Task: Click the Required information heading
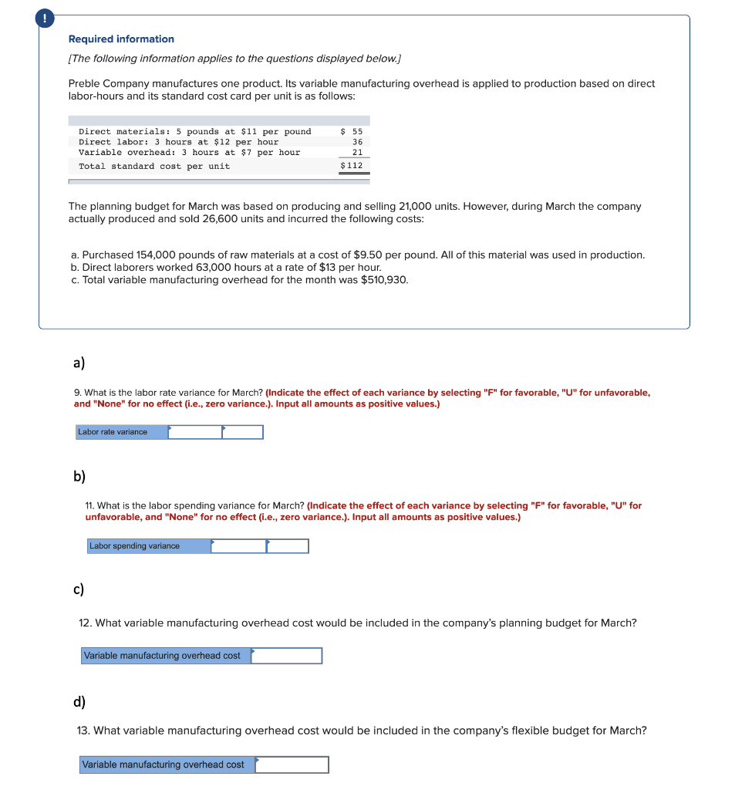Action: click(x=121, y=39)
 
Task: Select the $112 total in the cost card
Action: click(x=352, y=166)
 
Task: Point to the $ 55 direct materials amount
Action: click(x=352, y=132)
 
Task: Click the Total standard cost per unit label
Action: click(x=154, y=167)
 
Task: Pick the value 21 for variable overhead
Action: click(x=357, y=153)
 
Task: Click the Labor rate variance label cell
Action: click(x=121, y=432)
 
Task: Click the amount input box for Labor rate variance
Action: click(x=195, y=432)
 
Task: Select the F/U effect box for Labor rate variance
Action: click(x=243, y=432)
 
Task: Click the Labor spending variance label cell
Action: click(x=149, y=546)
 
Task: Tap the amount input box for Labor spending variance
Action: click(x=238, y=546)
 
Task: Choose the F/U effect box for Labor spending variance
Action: click(x=288, y=546)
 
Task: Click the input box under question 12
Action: click(x=286, y=656)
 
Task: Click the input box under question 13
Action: click(x=292, y=765)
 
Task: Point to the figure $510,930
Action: click(x=384, y=279)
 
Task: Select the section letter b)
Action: click(x=79, y=476)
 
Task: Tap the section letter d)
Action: click(x=79, y=701)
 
